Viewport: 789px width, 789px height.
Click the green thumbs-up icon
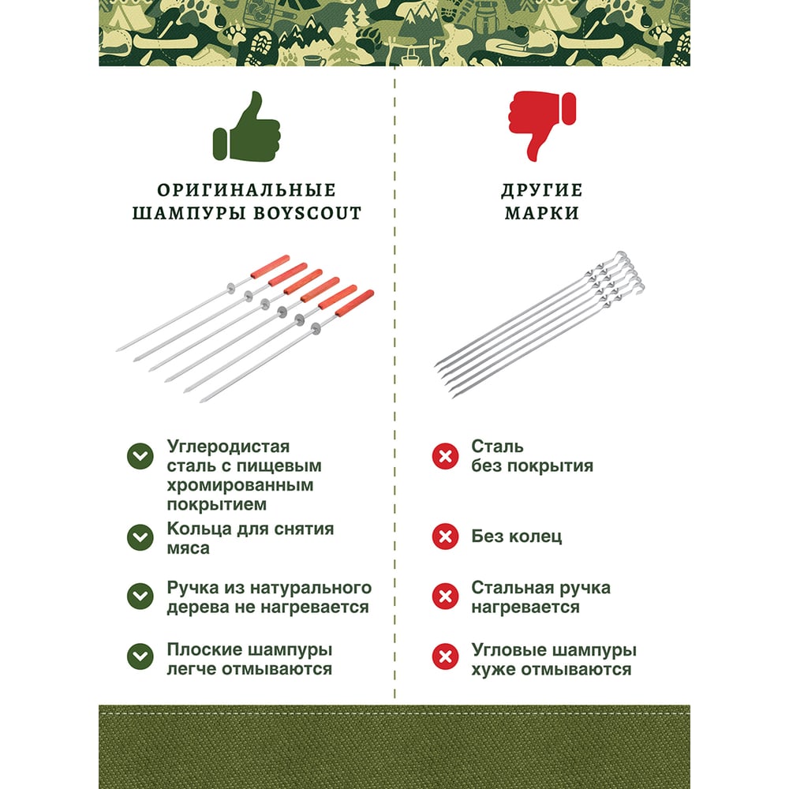tap(246, 127)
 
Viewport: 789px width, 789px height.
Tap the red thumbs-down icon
tap(542, 125)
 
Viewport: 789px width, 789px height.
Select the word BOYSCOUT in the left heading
tap(307, 213)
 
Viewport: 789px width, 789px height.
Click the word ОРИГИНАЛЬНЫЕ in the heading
tap(246, 189)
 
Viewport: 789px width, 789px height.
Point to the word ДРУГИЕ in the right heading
tap(542, 189)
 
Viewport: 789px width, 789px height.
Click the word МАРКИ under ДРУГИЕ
tap(542, 213)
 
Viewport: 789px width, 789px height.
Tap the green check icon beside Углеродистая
tap(140, 456)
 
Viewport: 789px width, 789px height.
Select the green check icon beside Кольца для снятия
tap(140, 537)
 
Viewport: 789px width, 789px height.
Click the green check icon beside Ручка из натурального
tap(140, 596)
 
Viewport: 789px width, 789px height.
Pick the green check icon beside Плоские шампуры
tap(140, 656)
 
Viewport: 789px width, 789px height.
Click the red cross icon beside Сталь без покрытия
tap(445, 456)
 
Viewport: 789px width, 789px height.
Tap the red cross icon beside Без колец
tap(445, 537)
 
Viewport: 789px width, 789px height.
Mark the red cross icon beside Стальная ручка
tap(445, 596)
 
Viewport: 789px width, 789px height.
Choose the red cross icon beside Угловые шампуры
tap(445, 656)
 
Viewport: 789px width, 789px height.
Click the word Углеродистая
tap(229, 447)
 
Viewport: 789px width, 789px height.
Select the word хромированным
tap(240, 485)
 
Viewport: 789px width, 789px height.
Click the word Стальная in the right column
tap(507, 587)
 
